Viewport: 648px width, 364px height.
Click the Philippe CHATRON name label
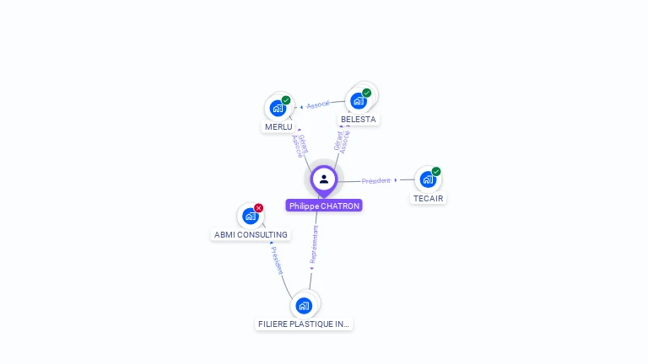[324, 206]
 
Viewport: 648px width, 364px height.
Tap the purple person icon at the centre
[324, 179]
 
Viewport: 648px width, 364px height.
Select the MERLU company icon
[278, 108]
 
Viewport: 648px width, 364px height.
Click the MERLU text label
[278, 127]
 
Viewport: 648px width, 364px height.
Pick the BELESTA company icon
[358, 100]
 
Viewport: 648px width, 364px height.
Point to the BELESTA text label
[358, 120]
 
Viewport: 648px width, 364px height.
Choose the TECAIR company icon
[428, 179]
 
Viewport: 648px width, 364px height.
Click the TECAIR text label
[428, 199]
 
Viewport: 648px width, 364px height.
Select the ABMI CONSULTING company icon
[250, 216]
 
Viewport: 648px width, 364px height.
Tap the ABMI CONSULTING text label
[251, 235]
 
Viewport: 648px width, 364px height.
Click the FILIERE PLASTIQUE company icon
[304, 305]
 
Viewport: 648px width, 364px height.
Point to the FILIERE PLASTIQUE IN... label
[304, 324]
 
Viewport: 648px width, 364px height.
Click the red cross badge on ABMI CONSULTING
[259, 208]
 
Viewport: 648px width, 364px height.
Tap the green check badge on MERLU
[286, 100]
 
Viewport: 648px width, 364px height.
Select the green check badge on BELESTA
[366, 93]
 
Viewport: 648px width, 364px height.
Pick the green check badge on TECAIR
[436, 172]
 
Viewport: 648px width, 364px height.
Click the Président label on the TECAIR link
[376, 181]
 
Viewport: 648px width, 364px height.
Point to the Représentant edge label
[314, 245]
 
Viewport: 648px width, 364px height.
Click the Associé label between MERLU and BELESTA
[318, 104]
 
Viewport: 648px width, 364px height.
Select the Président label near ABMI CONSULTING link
[277, 260]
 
